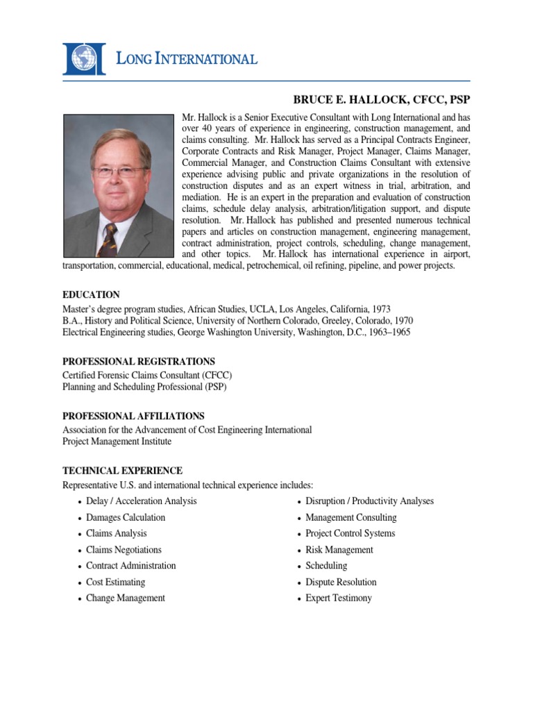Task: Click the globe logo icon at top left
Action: [x=85, y=58]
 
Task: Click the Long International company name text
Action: [x=186, y=59]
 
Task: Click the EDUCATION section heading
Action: [x=91, y=295]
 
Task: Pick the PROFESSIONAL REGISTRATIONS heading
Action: [x=139, y=362]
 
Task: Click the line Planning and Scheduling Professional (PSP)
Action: [x=144, y=387]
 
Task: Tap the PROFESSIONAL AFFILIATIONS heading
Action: [x=133, y=416]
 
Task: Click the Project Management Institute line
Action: [x=117, y=441]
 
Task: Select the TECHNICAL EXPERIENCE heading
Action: [x=123, y=471]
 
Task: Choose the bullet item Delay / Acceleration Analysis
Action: [x=141, y=501]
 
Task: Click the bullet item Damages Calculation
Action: [x=126, y=517]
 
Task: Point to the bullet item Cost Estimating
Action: [x=115, y=582]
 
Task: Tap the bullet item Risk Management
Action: [x=339, y=550]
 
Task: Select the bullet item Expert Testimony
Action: [x=339, y=598]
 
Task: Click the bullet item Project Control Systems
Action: [x=350, y=533]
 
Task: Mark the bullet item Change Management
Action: [x=125, y=598]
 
